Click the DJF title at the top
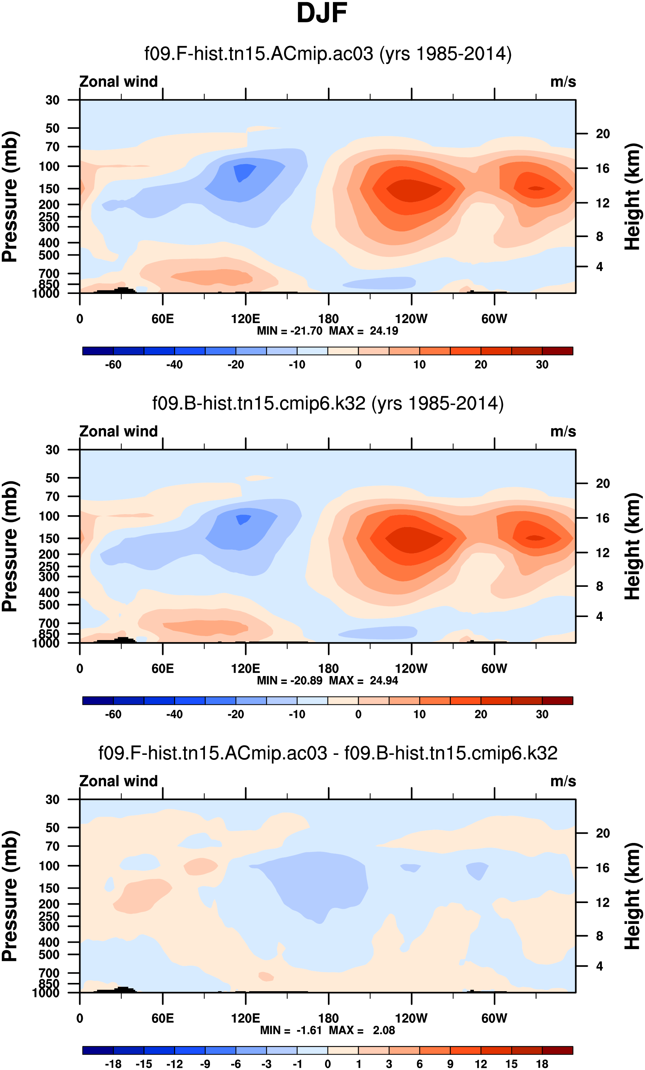[x=322, y=13]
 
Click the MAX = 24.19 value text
[x=364, y=331]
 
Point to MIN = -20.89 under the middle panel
[x=289, y=680]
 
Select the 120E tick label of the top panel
[x=246, y=319]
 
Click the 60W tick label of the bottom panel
[x=494, y=1018]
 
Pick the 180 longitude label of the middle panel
[x=329, y=669]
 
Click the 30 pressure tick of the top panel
[x=52, y=100]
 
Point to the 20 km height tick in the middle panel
[x=603, y=483]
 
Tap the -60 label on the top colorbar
[x=113, y=365]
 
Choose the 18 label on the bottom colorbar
[x=542, y=1064]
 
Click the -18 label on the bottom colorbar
[x=113, y=1064]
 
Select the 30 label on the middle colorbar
[x=542, y=714]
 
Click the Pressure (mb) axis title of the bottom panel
[x=10, y=896]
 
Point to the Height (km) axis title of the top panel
[x=633, y=196]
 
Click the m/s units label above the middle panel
[x=563, y=432]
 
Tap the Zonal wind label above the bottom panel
[x=119, y=781]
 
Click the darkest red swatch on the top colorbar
[x=557, y=351]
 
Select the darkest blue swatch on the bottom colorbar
[x=98, y=1050]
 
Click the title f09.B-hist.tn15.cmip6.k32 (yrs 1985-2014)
[x=328, y=403]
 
